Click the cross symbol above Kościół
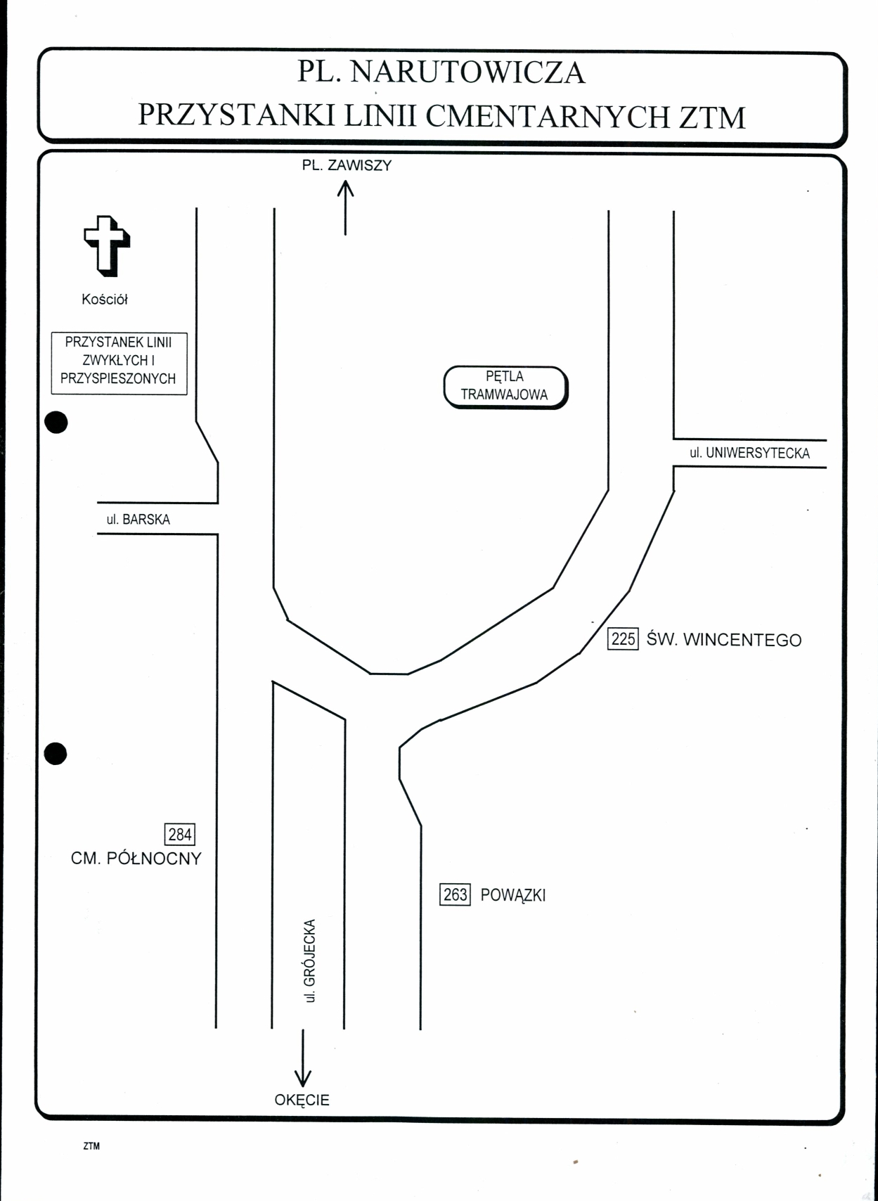click(x=108, y=246)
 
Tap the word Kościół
click(x=105, y=299)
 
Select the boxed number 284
click(x=179, y=834)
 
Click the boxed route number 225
click(x=623, y=638)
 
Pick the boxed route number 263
click(x=455, y=894)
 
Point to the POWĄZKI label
click(x=513, y=895)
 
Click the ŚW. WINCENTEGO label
click(x=723, y=639)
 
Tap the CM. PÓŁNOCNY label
click(x=136, y=859)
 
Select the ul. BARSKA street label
click(x=138, y=519)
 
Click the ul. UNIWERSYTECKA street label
click(x=749, y=453)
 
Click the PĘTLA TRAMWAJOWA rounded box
click(x=505, y=387)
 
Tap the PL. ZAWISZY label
click(x=347, y=165)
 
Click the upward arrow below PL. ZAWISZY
click(x=345, y=207)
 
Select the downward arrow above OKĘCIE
click(x=303, y=1058)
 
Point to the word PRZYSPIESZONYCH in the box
click(x=118, y=378)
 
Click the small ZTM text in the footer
click(x=91, y=1146)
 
